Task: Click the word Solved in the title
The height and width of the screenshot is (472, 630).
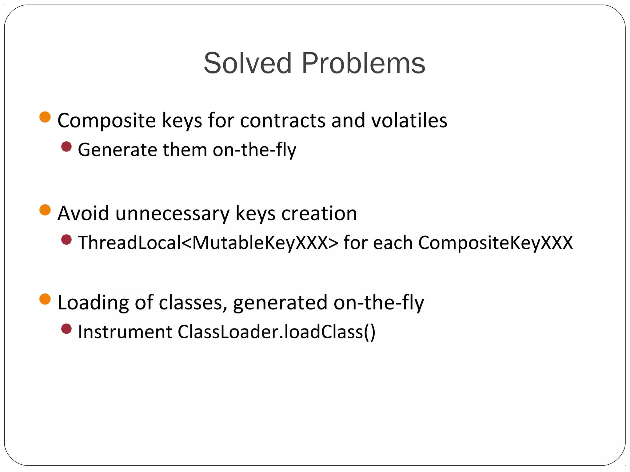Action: (247, 63)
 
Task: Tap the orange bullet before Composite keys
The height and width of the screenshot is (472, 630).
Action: (45, 117)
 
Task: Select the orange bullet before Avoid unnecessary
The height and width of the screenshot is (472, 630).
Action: (45, 210)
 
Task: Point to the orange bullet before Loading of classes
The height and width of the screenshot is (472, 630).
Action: (45, 299)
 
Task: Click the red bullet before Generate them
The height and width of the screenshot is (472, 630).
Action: (66, 147)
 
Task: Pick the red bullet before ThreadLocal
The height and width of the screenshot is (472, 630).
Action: (66, 240)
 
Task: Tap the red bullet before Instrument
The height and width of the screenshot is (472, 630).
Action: (66, 329)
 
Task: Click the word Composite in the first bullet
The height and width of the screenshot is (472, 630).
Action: (106, 120)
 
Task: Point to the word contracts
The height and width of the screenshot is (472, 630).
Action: (282, 120)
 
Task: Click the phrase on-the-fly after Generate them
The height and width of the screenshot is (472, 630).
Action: (254, 150)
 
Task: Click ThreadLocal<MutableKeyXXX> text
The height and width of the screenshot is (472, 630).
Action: (208, 243)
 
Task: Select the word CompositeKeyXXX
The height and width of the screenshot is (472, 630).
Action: (495, 243)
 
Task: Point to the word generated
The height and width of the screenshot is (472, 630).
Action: (280, 303)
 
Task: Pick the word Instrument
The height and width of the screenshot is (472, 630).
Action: (125, 332)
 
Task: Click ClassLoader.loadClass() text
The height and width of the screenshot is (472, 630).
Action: (277, 332)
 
